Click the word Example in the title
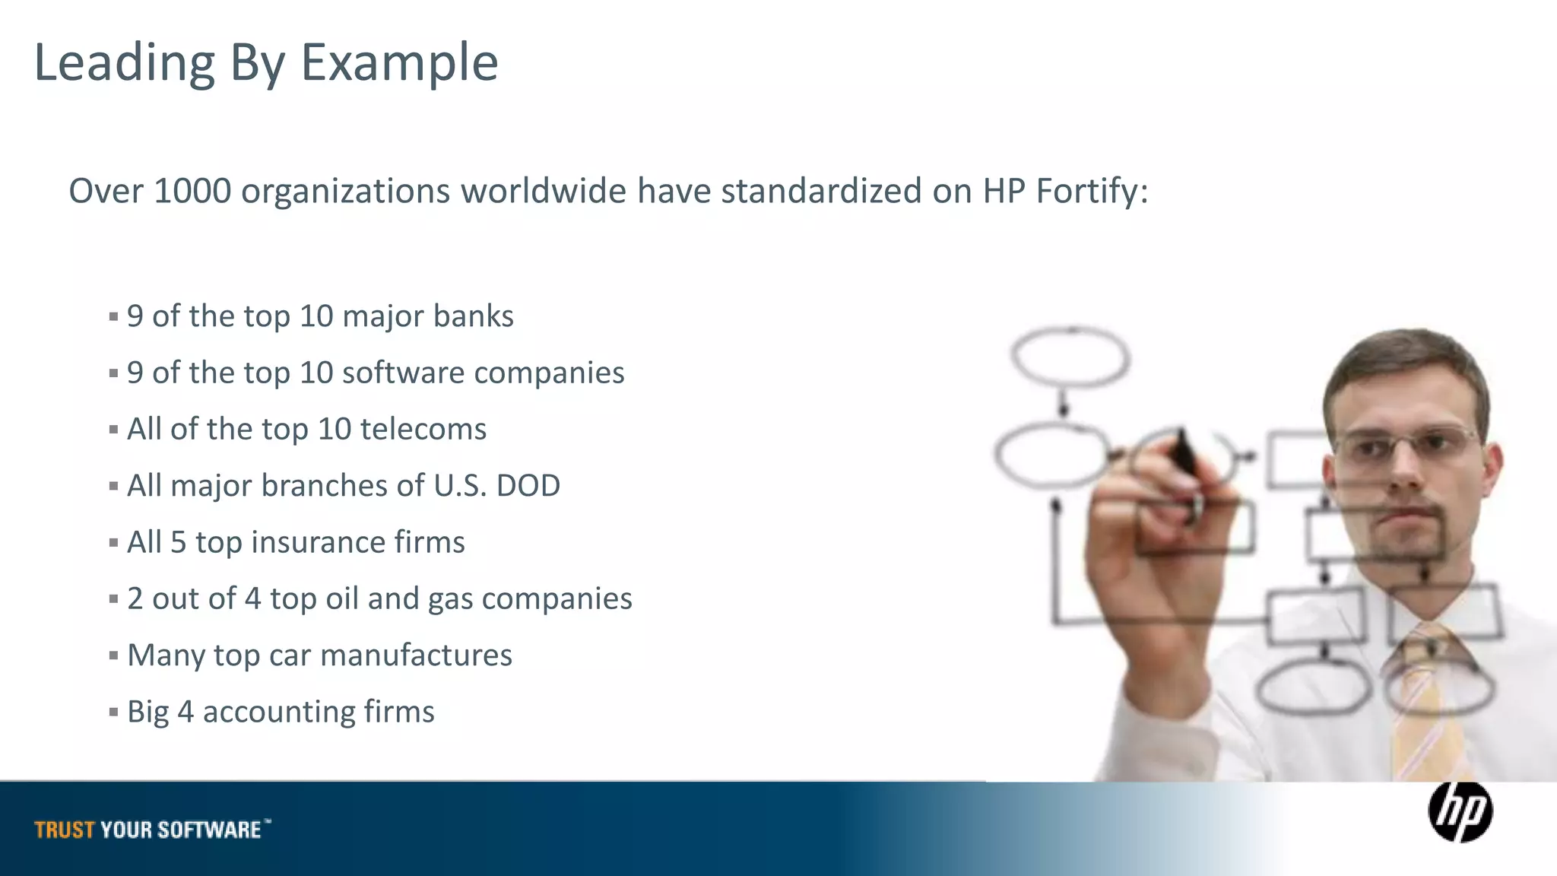pos(399,62)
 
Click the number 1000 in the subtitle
pos(192,190)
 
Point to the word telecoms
pos(423,429)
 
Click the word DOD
pos(528,485)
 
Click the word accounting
pos(278,713)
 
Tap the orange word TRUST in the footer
pos(65,830)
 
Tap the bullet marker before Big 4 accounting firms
pos(113,713)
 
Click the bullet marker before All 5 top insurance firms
pos(113,543)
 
